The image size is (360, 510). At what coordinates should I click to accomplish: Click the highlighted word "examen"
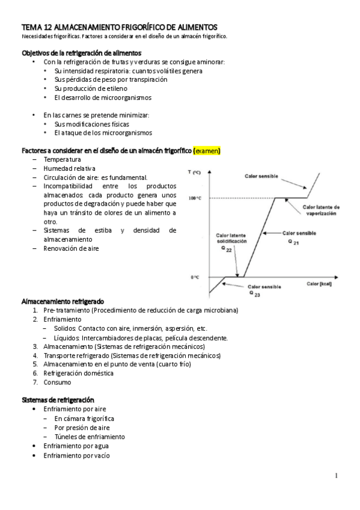(x=207, y=150)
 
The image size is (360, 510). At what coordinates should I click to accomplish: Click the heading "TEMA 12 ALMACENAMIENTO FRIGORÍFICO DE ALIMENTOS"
(x=120, y=27)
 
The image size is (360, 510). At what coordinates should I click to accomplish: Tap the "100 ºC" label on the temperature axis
(x=195, y=198)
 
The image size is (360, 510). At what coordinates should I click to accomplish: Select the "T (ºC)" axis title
(x=194, y=173)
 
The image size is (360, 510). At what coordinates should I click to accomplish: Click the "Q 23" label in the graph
(x=255, y=295)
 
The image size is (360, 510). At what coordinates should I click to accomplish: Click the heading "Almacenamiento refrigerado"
(x=63, y=301)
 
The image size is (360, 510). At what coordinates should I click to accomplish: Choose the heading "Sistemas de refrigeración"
(x=58, y=399)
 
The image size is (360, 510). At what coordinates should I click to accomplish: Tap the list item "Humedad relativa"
(x=69, y=168)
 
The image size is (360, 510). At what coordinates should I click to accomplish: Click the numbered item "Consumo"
(x=57, y=382)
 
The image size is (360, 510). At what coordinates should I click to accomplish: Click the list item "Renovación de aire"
(x=71, y=248)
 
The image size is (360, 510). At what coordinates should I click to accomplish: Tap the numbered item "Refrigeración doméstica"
(x=78, y=373)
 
